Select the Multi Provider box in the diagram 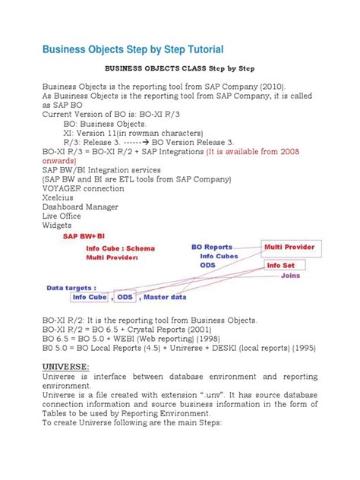292,247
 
